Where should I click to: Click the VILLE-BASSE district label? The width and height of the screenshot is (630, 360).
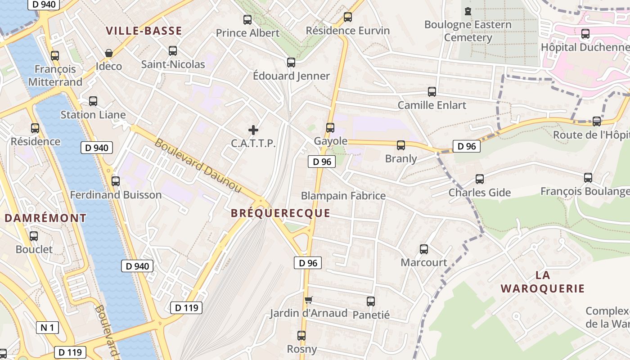tap(144, 31)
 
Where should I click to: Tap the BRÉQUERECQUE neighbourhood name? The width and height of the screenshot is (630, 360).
tap(280, 213)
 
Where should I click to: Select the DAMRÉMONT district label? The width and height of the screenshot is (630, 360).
tap(45, 218)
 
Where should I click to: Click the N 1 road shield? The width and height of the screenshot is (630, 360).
tap(47, 327)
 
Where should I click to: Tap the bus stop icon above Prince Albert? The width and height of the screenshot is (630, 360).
tap(247, 20)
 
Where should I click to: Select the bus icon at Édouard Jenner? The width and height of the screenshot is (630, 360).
tap(291, 63)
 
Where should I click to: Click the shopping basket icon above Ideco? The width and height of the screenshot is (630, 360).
tap(109, 53)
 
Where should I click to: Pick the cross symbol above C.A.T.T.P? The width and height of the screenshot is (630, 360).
tap(253, 130)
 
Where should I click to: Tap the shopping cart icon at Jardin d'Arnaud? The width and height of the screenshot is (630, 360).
tap(308, 300)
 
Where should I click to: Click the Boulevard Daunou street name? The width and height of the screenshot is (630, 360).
tap(198, 166)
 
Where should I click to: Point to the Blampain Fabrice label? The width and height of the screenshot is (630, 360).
tap(343, 196)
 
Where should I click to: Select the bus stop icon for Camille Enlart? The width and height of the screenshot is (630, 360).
tap(432, 92)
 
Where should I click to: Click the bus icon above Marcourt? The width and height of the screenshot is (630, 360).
tap(424, 249)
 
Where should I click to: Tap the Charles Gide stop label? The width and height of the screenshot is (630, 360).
tap(479, 193)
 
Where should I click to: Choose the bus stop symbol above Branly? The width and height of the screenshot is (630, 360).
tap(401, 145)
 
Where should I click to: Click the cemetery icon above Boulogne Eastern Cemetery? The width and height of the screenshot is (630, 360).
tap(468, 11)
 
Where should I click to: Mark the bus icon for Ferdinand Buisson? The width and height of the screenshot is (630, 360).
tap(116, 181)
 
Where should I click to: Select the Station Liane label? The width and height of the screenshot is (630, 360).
tap(93, 115)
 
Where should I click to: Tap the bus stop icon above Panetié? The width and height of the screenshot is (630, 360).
tap(371, 301)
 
